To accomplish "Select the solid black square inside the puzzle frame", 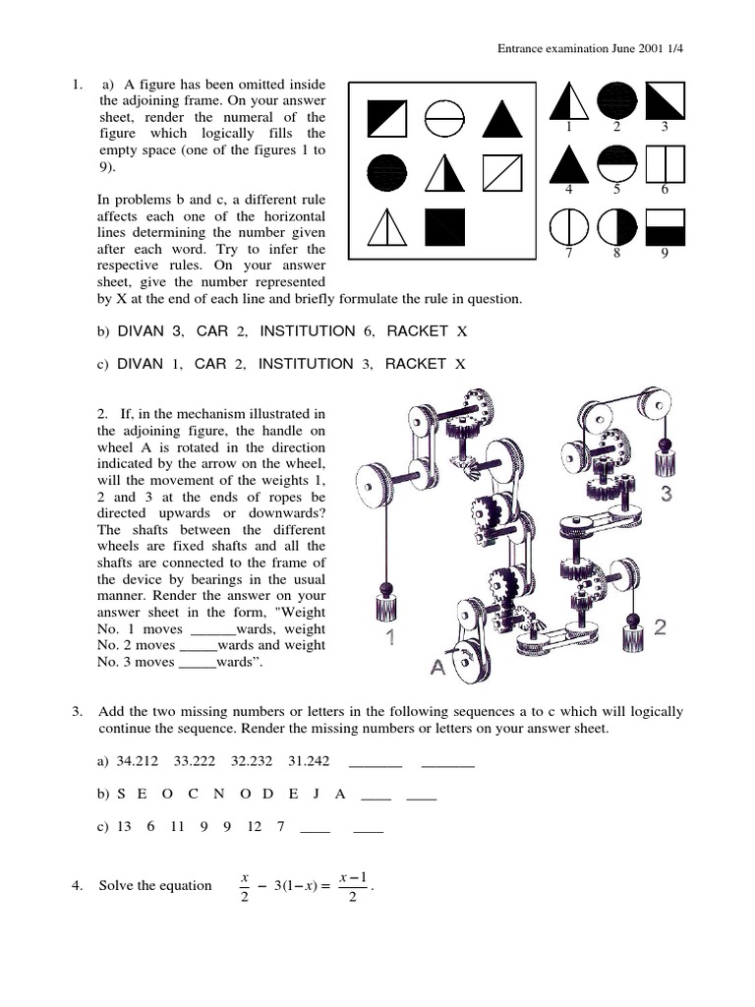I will [443, 228].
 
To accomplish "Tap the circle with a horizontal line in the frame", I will [443, 120].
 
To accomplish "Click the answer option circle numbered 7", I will [568, 230].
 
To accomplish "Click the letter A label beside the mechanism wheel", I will [436, 668].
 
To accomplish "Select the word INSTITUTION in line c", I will [305, 364].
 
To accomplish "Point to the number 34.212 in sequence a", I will [138, 760].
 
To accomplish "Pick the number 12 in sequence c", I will [255, 827].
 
